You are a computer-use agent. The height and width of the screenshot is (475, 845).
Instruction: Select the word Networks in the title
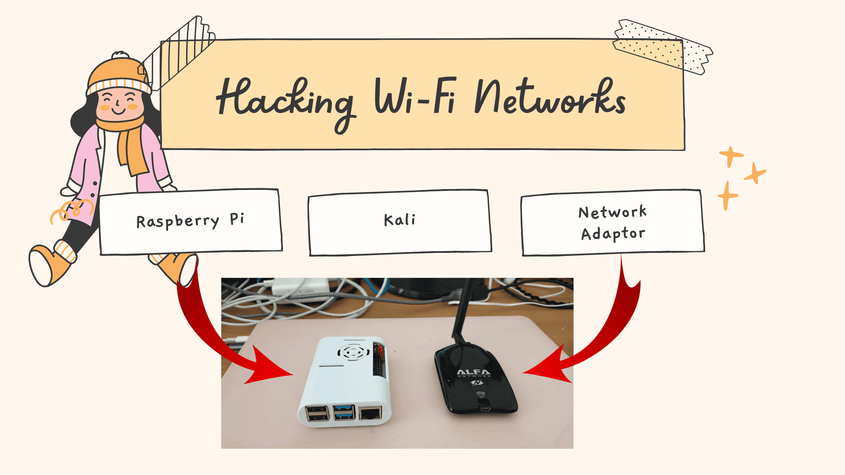550,98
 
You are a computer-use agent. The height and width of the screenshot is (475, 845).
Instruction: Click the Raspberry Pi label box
191,221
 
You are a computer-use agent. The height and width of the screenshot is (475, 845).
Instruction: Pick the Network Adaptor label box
613,223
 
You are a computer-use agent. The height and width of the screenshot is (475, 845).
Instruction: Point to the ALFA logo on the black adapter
474,372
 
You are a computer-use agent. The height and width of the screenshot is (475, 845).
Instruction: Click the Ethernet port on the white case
370,413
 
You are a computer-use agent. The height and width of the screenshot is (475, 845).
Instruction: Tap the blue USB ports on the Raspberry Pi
344,413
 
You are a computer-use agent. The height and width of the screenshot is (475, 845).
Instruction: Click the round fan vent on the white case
353,352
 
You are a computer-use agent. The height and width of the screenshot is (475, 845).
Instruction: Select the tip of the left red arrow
290,375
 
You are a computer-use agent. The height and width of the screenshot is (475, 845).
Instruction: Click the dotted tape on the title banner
662,46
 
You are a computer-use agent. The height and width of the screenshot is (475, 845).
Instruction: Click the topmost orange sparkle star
731,156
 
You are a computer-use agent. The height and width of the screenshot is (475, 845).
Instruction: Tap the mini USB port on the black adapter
485,409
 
